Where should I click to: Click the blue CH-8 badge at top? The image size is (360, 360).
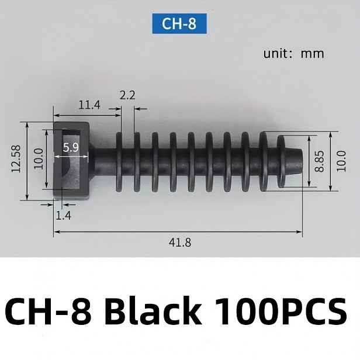tap(179, 23)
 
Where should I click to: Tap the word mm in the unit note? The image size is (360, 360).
tap(312, 54)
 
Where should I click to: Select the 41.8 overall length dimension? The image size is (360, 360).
tap(180, 243)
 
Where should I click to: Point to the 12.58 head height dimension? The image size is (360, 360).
tap(16, 158)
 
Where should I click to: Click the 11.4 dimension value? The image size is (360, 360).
tap(89, 105)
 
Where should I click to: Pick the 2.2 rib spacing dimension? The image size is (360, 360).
tap(127, 95)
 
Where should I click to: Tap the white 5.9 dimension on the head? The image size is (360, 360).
tap(71, 147)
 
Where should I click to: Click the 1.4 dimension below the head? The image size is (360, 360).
tap(63, 216)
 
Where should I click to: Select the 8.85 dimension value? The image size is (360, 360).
tap(319, 161)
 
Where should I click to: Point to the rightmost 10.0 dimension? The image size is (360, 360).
tap(341, 161)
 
